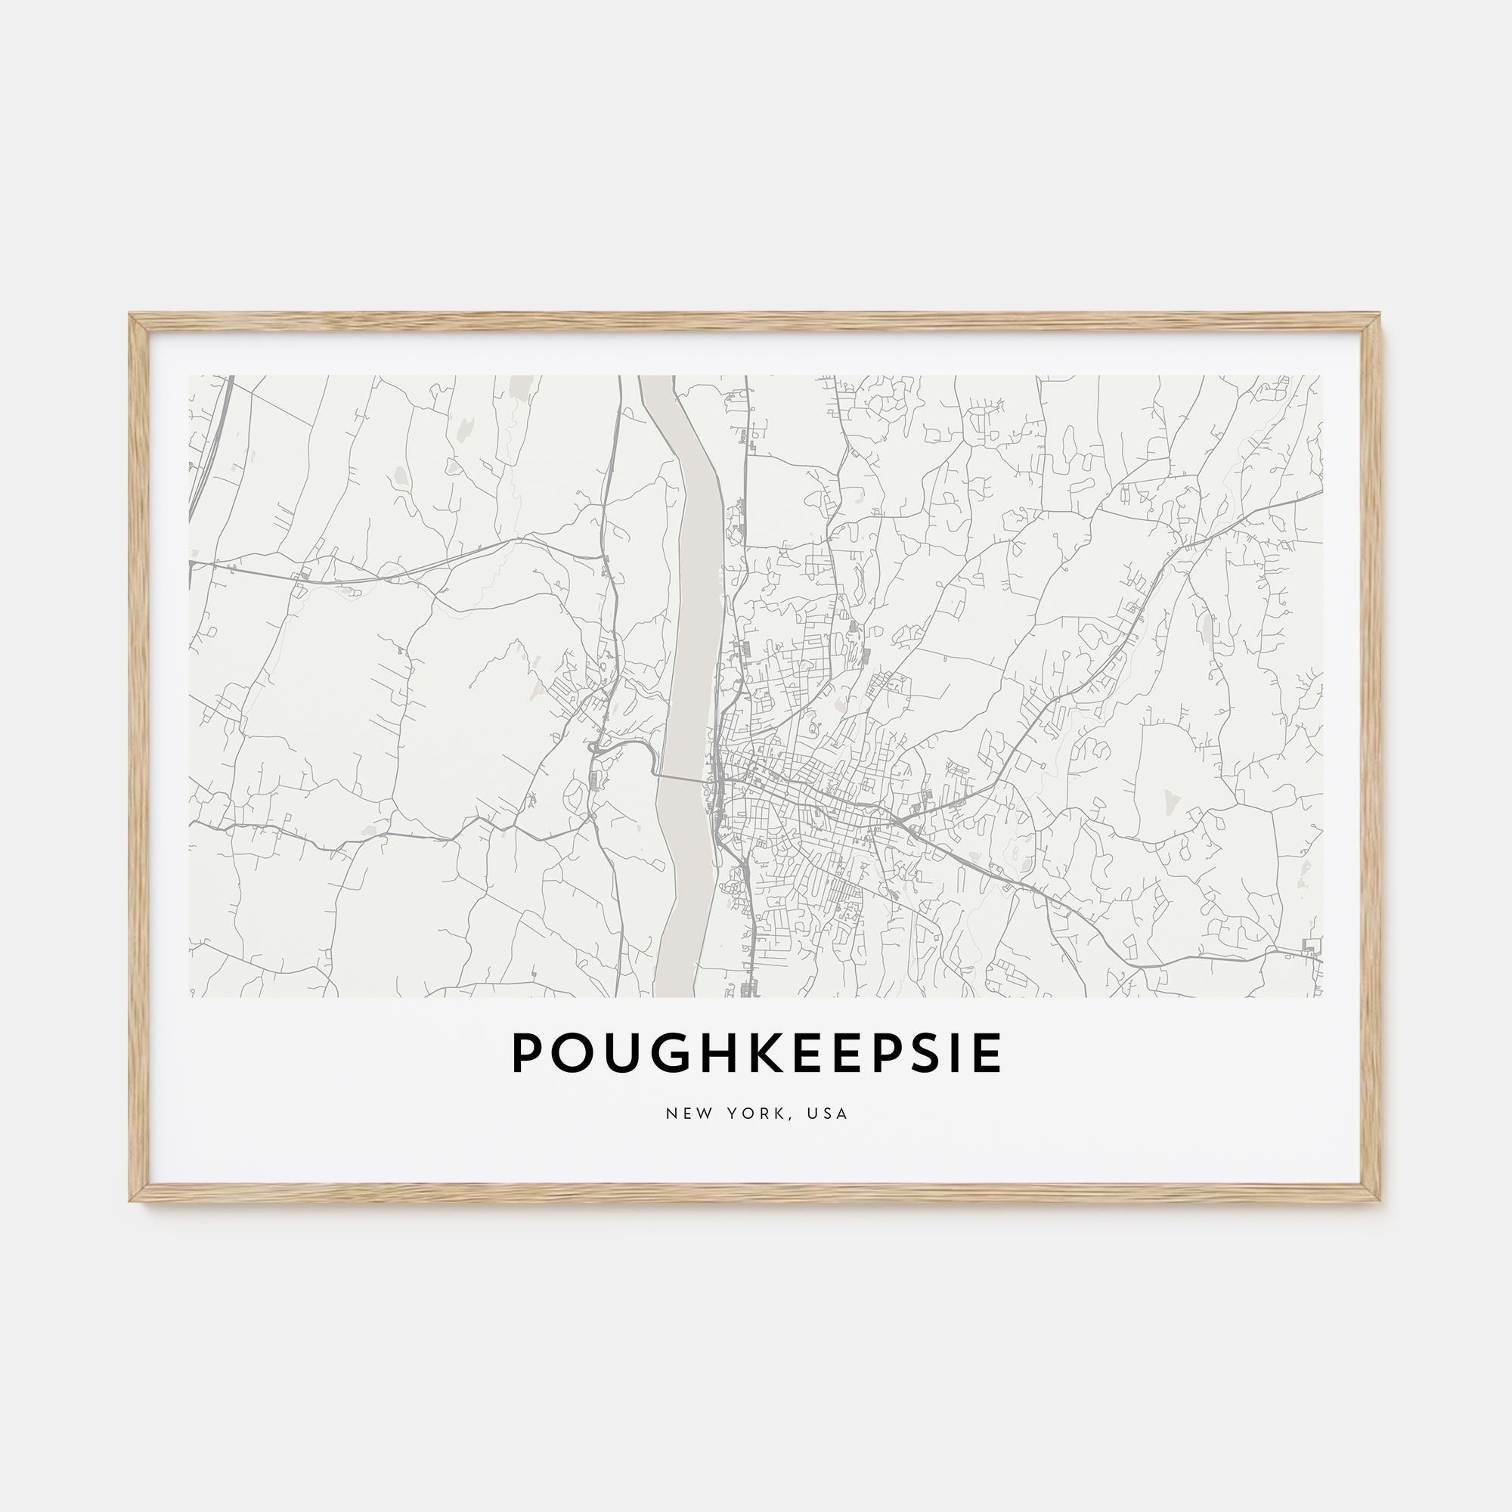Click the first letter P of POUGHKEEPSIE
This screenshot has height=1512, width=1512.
pyautogui.click(x=528, y=1052)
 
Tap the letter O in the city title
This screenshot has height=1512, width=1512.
pyautogui.click(x=570, y=1052)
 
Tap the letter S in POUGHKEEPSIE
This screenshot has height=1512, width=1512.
pyautogui.click(x=919, y=1052)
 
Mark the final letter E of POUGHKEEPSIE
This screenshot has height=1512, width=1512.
pyautogui.click(x=984, y=1052)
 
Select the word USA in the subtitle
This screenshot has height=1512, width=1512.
pyautogui.click(x=829, y=1113)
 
